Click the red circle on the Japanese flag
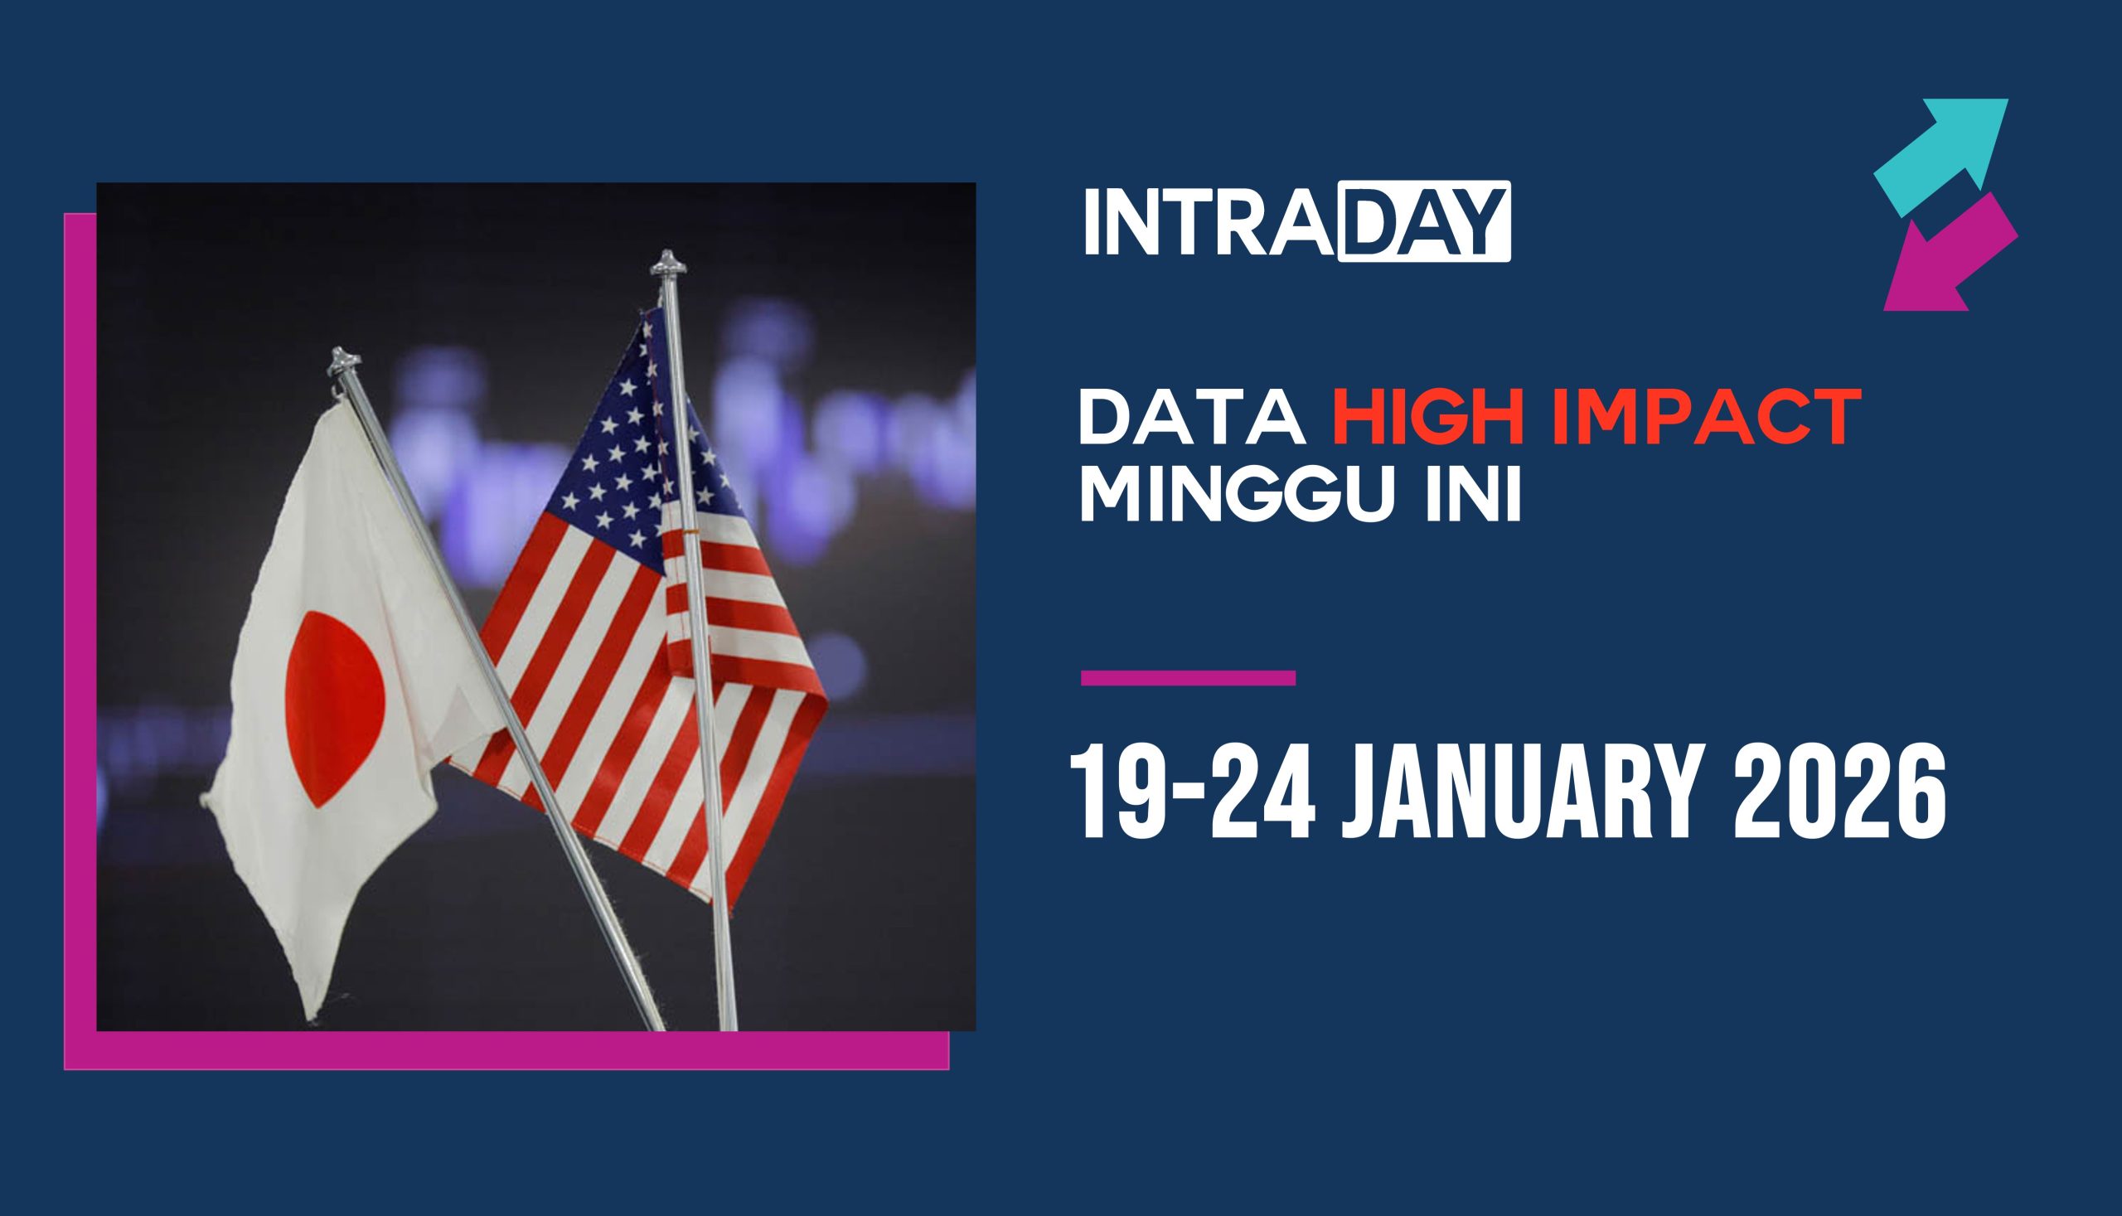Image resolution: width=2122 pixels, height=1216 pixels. (x=336, y=708)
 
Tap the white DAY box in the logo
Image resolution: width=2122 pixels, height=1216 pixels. (x=1424, y=221)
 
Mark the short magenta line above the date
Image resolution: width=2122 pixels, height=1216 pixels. (x=1189, y=677)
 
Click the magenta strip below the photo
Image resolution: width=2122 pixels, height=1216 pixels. (x=506, y=1051)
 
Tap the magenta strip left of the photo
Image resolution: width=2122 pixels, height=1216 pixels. (x=80, y=641)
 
